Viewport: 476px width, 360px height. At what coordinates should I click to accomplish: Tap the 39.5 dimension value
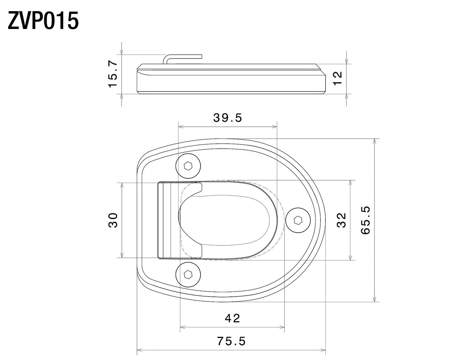click(x=227, y=118)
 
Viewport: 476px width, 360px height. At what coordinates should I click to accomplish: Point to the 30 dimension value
click(x=113, y=220)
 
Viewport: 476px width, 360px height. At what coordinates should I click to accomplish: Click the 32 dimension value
click(x=342, y=220)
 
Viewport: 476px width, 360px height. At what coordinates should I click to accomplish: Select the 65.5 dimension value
click(x=365, y=220)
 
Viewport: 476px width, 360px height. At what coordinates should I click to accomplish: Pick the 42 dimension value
click(x=233, y=318)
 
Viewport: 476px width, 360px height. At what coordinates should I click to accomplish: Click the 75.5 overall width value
click(x=231, y=341)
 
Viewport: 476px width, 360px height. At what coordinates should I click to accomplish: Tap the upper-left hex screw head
click(x=188, y=166)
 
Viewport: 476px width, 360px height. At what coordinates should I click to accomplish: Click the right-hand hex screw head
click(x=297, y=220)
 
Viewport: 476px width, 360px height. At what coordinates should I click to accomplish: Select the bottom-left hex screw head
click(x=188, y=274)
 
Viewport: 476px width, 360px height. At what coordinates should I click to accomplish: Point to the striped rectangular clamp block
click(x=169, y=220)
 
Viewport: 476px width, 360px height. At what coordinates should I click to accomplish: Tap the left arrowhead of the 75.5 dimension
click(x=139, y=350)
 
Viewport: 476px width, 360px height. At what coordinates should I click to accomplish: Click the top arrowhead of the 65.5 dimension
click(x=374, y=141)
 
